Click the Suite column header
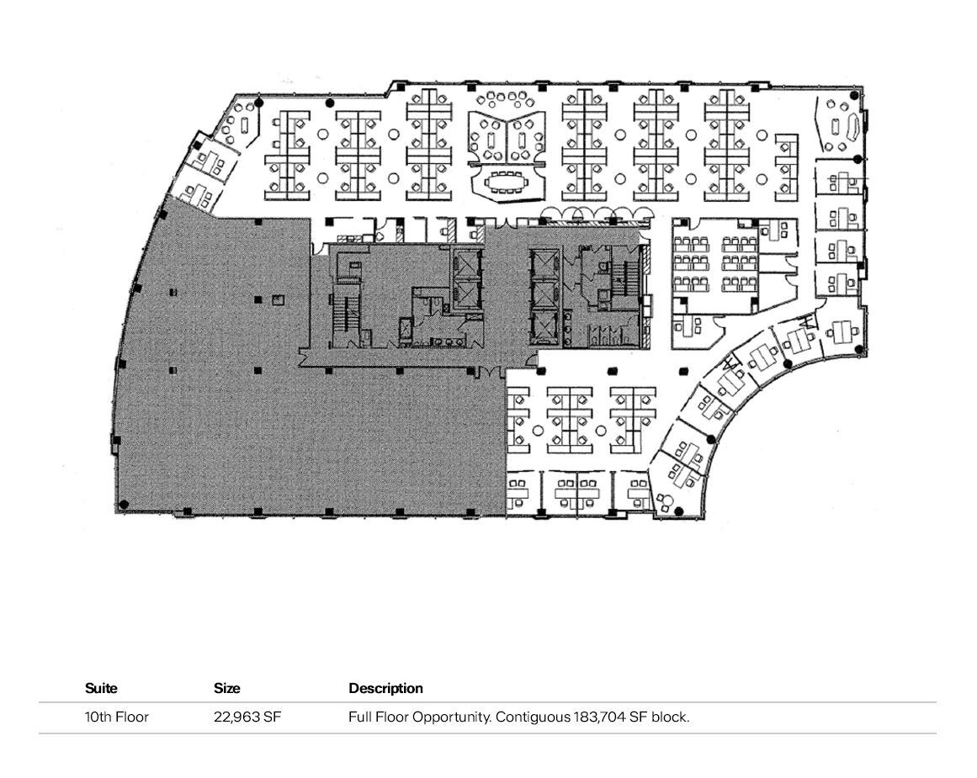click(101, 688)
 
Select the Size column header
click(226, 688)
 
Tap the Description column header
click(385, 688)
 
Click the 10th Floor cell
click(117, 717)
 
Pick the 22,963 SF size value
click(247, 717)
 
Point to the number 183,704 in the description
click(597, 717)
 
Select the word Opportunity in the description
click(451, 717)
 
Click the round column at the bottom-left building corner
click(124, 505)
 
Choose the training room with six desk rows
click(714, 264)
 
